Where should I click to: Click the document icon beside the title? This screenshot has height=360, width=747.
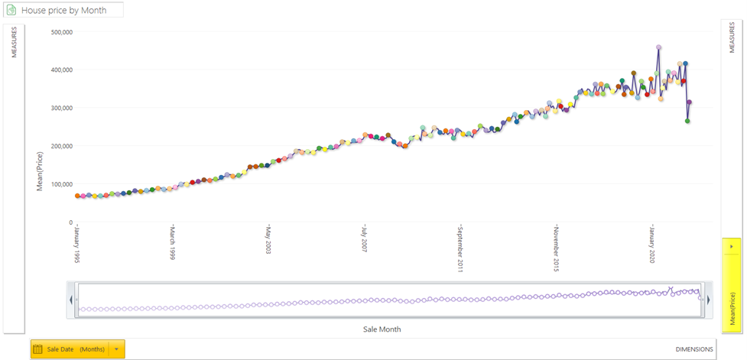click(x=11, y=11)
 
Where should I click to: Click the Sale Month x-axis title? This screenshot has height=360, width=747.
click(x=382, y=329)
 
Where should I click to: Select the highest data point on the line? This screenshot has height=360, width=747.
click(x=658, y=47)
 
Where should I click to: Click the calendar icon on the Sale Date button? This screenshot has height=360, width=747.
click(x=37, y=349)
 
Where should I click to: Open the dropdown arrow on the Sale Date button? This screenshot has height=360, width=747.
click(x=116, y=349)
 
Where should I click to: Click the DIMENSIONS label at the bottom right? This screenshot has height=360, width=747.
click(x=694, y=349)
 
